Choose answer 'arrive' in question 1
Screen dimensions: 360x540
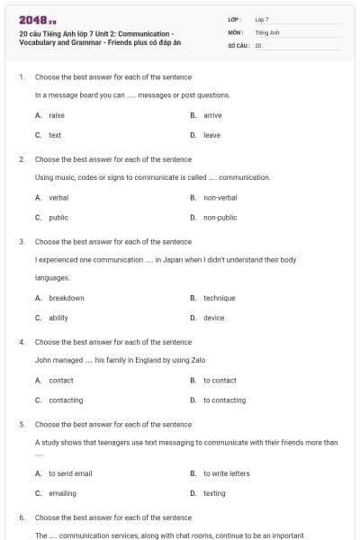pyautogui.click(x=212, y=115)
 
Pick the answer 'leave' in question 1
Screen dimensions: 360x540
pyautogui.click(x=211, y=135)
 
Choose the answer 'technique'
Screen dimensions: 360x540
pyautogui.click(x=219, y=298)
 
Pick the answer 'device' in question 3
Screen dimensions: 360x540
pyautogui.click(x=213, y=318)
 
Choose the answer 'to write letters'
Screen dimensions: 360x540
pyautogui.click(x=226, y=473)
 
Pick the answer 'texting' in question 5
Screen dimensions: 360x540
pyautogui.click(x=214, y=493)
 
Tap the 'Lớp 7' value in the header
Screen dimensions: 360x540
pyautogui.click(x=262, y=19)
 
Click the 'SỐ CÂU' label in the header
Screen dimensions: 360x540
pyautogui.click(x=238, y=44)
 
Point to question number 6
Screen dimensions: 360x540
pyautogui.click(x=22, y=517)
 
